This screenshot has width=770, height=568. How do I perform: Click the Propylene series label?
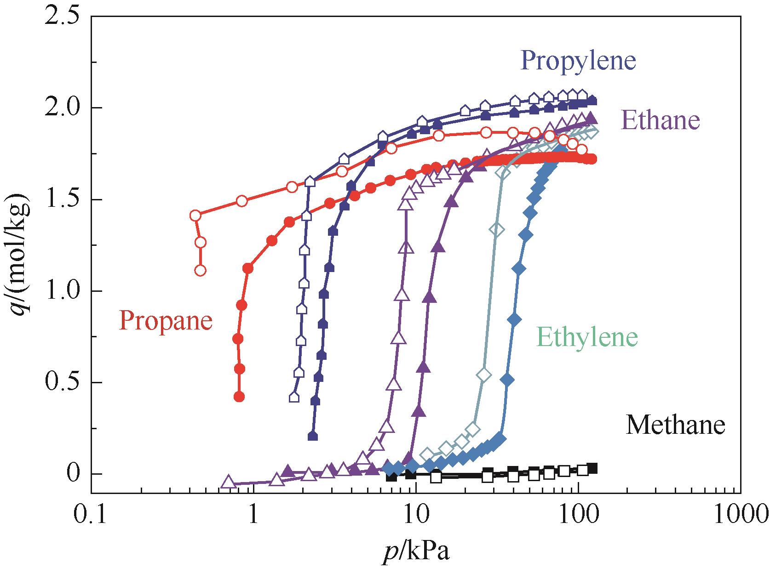coord(578,61)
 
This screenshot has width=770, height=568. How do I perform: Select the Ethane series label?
coord(660,121)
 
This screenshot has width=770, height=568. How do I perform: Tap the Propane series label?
coord(166,320)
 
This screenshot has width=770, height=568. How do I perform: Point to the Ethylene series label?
coord(587,337)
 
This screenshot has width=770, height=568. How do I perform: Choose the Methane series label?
coord(675,425)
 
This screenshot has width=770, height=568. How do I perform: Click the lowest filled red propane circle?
coord(239,397)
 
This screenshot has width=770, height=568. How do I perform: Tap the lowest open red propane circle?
coord(200,270)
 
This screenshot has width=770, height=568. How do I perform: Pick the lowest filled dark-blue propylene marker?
coord(313,436)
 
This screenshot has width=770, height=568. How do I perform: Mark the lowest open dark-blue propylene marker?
coord(294,397)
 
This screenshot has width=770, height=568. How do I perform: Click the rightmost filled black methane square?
coord(593,468)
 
